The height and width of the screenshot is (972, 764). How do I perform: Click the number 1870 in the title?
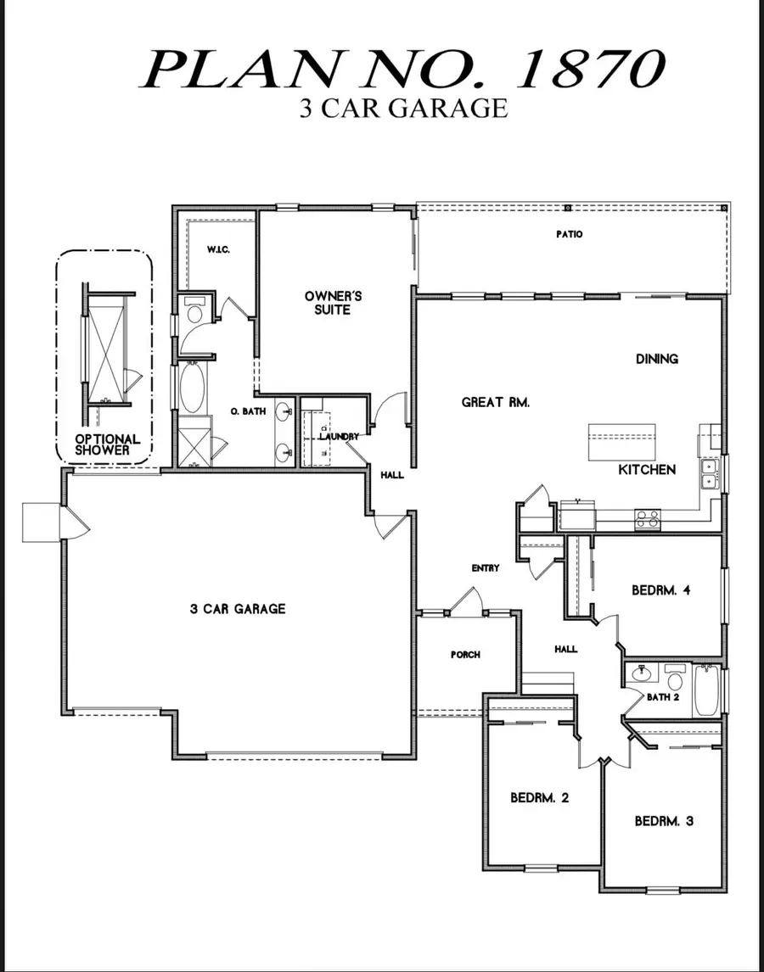click(591, 70)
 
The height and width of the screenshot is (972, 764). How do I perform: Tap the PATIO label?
click(569, 235)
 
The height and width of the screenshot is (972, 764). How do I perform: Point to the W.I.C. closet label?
click(219, 250)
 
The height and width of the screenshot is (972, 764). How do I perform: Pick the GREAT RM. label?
click(496, 402)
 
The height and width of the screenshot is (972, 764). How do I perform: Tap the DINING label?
click(657, 359)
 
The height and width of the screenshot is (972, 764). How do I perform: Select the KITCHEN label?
click(647, 469)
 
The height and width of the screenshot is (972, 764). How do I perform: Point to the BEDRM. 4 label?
click(660, 590)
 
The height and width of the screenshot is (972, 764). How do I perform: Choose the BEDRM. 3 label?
click(665, 821)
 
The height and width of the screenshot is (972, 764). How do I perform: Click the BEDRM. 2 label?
click(539, 797)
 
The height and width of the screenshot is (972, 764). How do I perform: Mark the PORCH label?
click(465, 655)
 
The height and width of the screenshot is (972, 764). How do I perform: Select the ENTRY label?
click(486, 568)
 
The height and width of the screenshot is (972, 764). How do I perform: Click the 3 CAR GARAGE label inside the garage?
click(238, 609)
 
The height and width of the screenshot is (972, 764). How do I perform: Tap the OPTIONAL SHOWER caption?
click(104, 444)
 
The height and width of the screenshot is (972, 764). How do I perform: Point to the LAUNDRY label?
click(339, 436)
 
